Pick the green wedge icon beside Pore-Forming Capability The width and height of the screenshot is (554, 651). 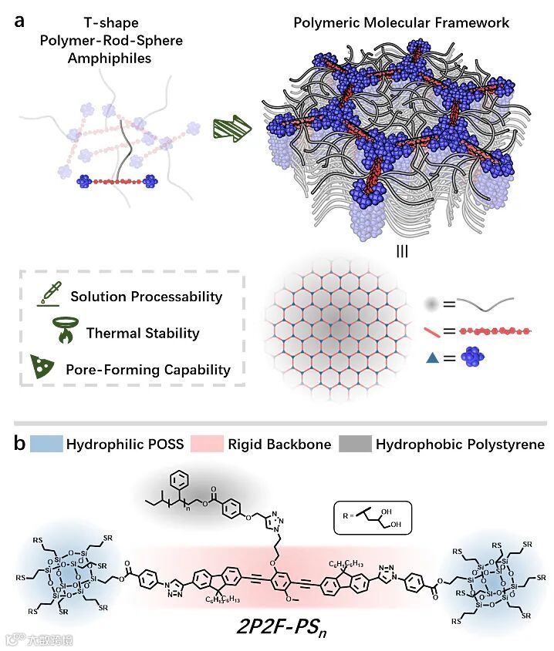tap(52, 367)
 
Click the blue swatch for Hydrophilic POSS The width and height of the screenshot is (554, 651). tap(46, 445)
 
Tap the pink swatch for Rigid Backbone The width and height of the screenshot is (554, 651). tap(213, 445)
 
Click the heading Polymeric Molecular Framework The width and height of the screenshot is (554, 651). tap(402, 22)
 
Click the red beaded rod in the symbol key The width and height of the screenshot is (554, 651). tap(494, 331)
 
